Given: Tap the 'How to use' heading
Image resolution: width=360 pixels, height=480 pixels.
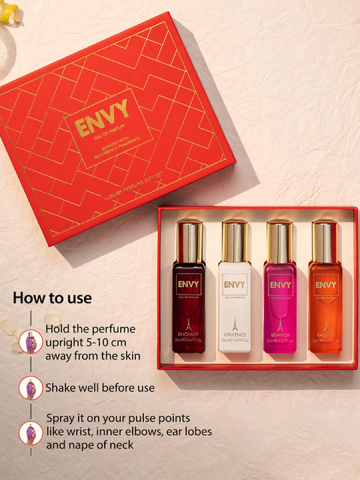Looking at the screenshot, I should (52, 297).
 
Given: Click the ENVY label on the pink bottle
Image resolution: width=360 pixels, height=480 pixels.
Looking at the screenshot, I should (280, 285).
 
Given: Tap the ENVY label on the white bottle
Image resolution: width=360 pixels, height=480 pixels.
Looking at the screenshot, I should (234, 285).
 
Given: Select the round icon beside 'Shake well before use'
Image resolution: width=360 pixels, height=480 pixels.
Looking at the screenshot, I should (31, 388).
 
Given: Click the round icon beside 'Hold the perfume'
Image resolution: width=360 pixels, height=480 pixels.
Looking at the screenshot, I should (31, 342).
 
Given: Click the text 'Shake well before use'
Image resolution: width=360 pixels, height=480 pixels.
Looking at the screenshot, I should (100, 388).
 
